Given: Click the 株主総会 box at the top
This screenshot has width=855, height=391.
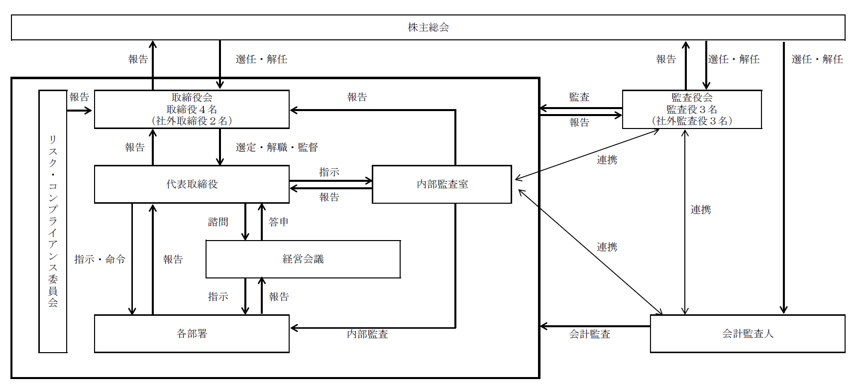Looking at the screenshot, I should click(x=428, y=27).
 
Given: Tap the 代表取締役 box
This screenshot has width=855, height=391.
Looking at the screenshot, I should click(x=192, y=184).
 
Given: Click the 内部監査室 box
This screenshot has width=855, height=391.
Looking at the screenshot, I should click(x=442, y=184).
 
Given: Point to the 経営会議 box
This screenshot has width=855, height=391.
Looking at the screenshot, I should click(x=303, y=259).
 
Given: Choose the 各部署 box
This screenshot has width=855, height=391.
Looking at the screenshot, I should click(x=192, y=334).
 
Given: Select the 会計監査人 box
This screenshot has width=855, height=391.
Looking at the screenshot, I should click(x=748, y=334).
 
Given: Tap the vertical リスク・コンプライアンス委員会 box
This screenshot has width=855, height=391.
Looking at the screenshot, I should click(x=53, y=221).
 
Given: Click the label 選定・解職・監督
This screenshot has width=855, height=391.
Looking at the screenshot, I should click(x=277, y=147).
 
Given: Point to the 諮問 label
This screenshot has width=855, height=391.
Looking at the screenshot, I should click(x=218, y=222).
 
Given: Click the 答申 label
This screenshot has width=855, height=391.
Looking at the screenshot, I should click(x=279, y=222).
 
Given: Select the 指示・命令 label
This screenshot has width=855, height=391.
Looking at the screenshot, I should click(x=100, y=260).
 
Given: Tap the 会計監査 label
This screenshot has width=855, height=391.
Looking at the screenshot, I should click(x=590, y=334).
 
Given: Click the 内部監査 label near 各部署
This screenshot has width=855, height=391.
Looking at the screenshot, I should click(x=367, y=334).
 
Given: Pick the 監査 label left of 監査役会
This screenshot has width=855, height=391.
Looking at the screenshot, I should click(x=579, y=97).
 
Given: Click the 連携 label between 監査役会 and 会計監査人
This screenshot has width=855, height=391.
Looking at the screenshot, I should click(x=701, y=210).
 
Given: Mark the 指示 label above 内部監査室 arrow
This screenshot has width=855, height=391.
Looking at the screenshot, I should click(x=329, y=172).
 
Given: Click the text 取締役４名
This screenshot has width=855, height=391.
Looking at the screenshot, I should click(x=192, y=109).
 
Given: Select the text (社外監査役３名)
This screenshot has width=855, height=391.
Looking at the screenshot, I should click(x=692, y=121).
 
